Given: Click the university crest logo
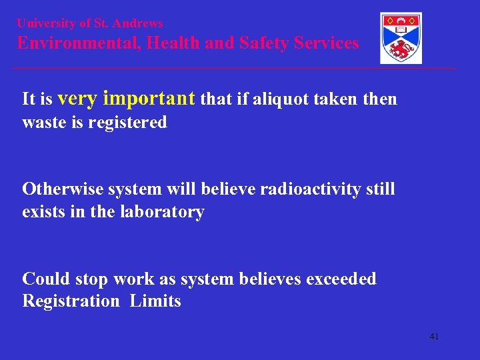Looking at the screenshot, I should pos(401,38).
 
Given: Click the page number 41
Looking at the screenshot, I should pos(434,337).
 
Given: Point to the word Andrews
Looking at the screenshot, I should pos(138,23).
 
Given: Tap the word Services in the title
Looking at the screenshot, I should pos(327,43).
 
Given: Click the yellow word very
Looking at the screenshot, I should pos(79,99).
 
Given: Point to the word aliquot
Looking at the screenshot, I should pos(281,100).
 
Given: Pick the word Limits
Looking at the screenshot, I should pos(155,301).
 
